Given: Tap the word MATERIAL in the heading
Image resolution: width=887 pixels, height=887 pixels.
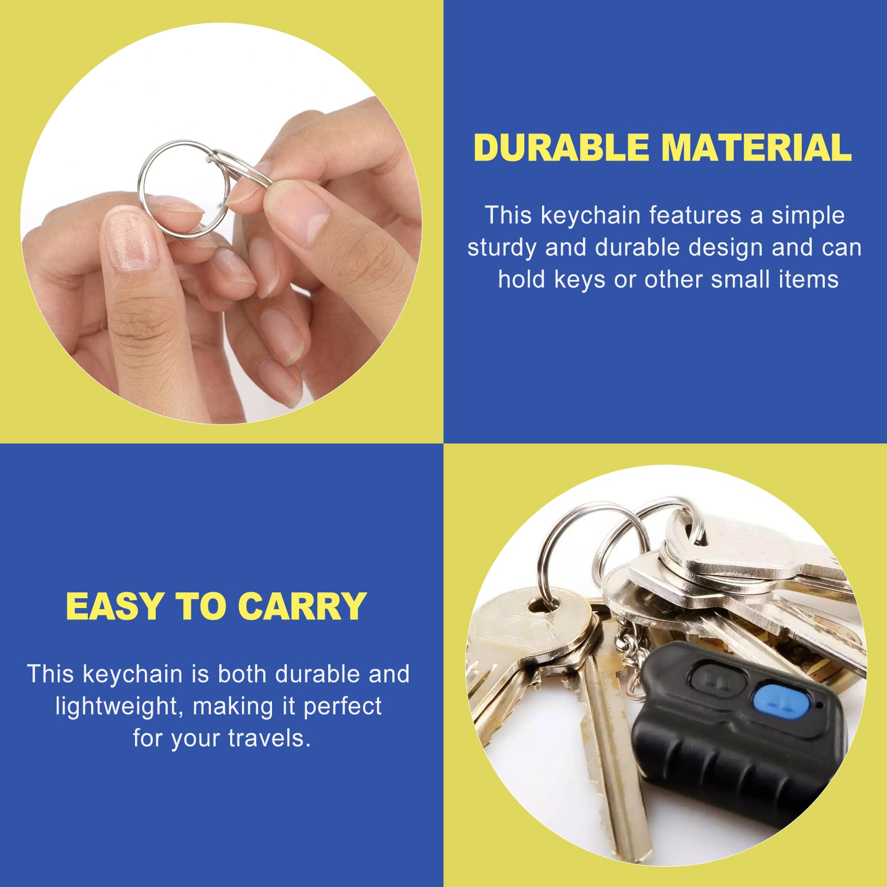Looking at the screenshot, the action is pos(756,148).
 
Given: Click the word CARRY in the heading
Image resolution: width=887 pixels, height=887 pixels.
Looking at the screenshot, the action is pos(303,606).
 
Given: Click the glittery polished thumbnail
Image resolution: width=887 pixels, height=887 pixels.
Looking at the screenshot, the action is pos(131,241).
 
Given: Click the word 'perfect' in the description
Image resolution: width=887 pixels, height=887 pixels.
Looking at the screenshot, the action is pos(342,707).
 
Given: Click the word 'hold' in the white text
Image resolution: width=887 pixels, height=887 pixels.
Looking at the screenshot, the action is pos(522,279).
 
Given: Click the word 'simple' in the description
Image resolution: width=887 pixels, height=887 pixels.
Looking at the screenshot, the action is pos(808,216).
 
